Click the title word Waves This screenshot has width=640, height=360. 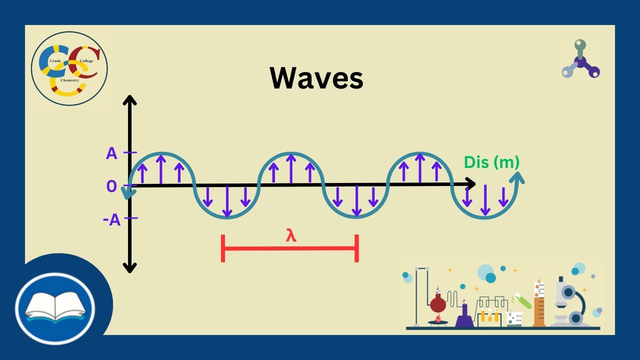tap(316, 78)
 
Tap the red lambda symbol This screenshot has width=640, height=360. tap(291, 235)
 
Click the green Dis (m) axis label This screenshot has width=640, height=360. tap(491, 162)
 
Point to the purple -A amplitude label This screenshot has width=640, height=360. tap(112, 220)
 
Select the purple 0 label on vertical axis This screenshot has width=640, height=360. tap(111, 186)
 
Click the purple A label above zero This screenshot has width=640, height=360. tap(111, 153)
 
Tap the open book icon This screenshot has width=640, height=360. tap(55, 305)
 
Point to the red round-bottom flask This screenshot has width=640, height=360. tap(438, 303)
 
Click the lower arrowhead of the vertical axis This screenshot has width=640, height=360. tap(129, 268)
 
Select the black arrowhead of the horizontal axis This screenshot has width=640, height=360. tap(470, 184)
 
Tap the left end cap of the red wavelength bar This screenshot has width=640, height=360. tap(223, 247)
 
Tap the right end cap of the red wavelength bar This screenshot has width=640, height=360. tap(356, 247)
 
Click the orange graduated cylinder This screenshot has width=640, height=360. tap(539, 305)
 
